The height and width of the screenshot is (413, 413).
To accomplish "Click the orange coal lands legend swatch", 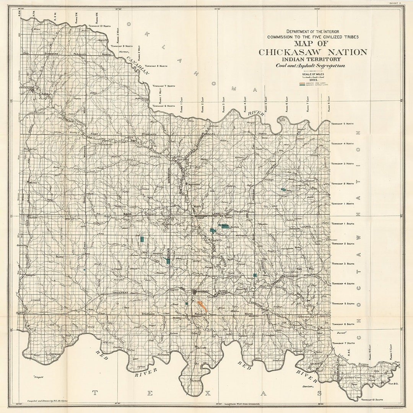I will [x=302, y=83].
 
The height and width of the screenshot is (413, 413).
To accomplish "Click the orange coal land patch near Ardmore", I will [x=202, y=306].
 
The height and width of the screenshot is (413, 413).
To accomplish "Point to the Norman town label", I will [x=123, y=51].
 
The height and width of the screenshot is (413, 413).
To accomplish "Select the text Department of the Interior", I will [x=313, y=31].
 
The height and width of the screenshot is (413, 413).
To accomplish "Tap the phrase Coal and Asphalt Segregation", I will [x=311, y=65].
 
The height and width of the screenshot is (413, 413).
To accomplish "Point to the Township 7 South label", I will [x=343, y=343].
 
